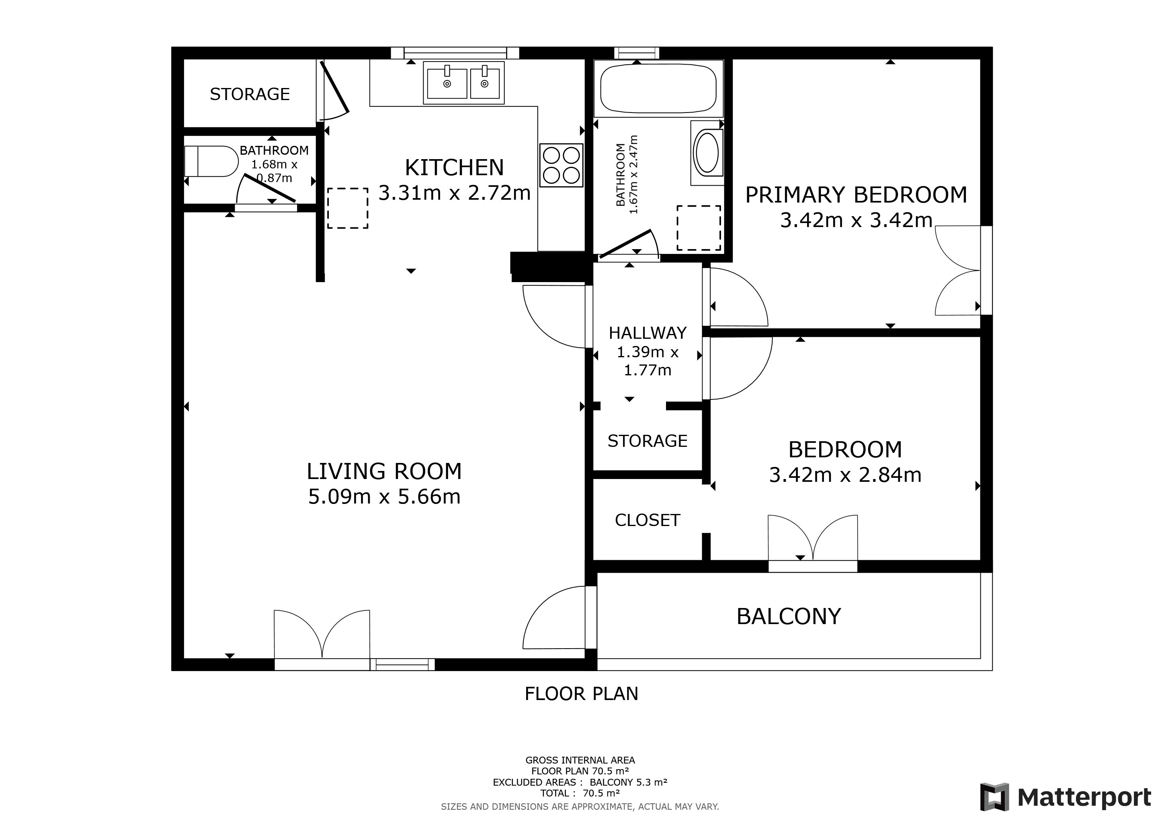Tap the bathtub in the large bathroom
pyautogui.click(x=658, y=88)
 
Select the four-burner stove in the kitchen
pyautogui.click(x=561, y=165)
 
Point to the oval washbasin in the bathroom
pyautogui.click(x=707, y=152)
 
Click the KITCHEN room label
pyautogui.click(x=454, y=168)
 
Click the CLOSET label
pyautogui.click(x=648, y=520)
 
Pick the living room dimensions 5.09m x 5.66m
pyautogui.click(x=384, y=497)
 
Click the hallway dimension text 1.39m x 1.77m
pyautogui.click(x=648, y=361)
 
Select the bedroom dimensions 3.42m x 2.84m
pyautogui.click(x=845, y=475)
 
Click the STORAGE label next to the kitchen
pyautogui.click(x=250, y=94)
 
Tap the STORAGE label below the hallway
pyautogui.click(x=648, y=441)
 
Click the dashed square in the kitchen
pyautogui.click(x=347, y=208)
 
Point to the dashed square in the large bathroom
pyautogui.click(x=699, y=228)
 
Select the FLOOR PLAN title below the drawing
pyautogui.click(x=582, y=694)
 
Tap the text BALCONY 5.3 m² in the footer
pyautogui.click(x=628, y=782)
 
